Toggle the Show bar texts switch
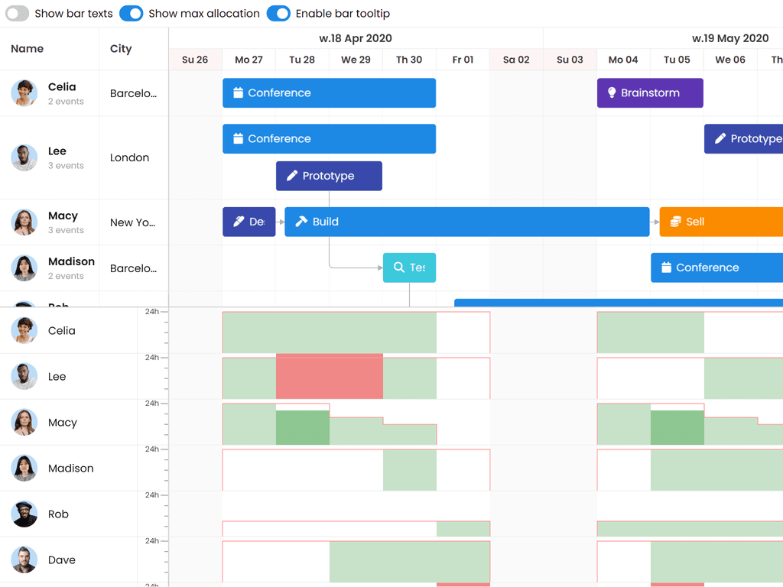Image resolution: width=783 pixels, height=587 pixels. (x=17, y=14)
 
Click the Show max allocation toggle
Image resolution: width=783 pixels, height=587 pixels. (x=132, y=14)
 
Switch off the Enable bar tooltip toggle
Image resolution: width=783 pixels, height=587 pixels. (x=278, y=14)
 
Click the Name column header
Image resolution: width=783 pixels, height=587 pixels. (x=28, y=49)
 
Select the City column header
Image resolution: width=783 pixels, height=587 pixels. (x=121, y=49)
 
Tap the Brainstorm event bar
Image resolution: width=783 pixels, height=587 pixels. (x=650, y=93)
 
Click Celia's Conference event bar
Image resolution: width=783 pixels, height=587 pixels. (x=329, y=93)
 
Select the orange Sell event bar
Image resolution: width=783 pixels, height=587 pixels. (x=720, y=222)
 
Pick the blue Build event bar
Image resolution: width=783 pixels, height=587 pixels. (x=466, y=222)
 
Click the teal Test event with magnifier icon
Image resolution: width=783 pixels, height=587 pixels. (x=409, y=268)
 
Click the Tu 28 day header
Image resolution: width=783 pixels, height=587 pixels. (x=302, y=60)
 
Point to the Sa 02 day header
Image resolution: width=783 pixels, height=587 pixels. (x=516, y=60)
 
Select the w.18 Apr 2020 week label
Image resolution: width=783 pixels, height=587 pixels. (x=356, y=38)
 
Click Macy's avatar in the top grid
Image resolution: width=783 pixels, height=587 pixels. (x=24, y=222)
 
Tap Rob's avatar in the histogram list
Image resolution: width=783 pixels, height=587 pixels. (x=24, y=514)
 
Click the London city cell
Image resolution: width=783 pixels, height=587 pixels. (x=129, y=157)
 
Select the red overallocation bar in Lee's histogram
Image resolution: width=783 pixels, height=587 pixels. (x=329, y=376)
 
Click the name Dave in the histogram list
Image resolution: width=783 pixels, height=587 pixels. (x=62, y=560)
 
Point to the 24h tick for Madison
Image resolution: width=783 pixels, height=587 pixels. (x=152, y=449)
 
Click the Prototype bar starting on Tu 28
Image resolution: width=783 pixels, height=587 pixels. (x=329, y=176)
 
